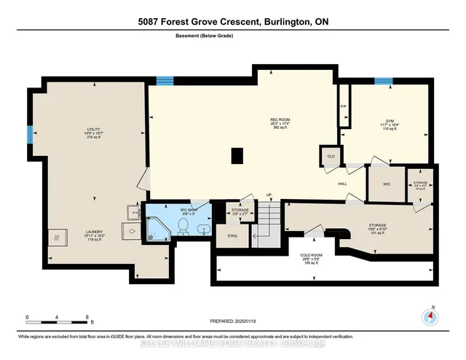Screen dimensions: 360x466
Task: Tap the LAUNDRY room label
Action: (x=93, y=231)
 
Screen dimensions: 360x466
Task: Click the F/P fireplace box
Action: (x=344, y=106)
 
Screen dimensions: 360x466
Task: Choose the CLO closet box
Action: (x=330, y=155)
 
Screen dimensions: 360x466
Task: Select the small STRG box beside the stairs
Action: (x=232, y=235)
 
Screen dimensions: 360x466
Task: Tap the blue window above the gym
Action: (x=383, y=81)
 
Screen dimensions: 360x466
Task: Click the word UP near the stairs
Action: (x=269, y=195)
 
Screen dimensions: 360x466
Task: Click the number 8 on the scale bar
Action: (x=87, y=318)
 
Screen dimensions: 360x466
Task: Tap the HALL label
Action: (x=341, y=184)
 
